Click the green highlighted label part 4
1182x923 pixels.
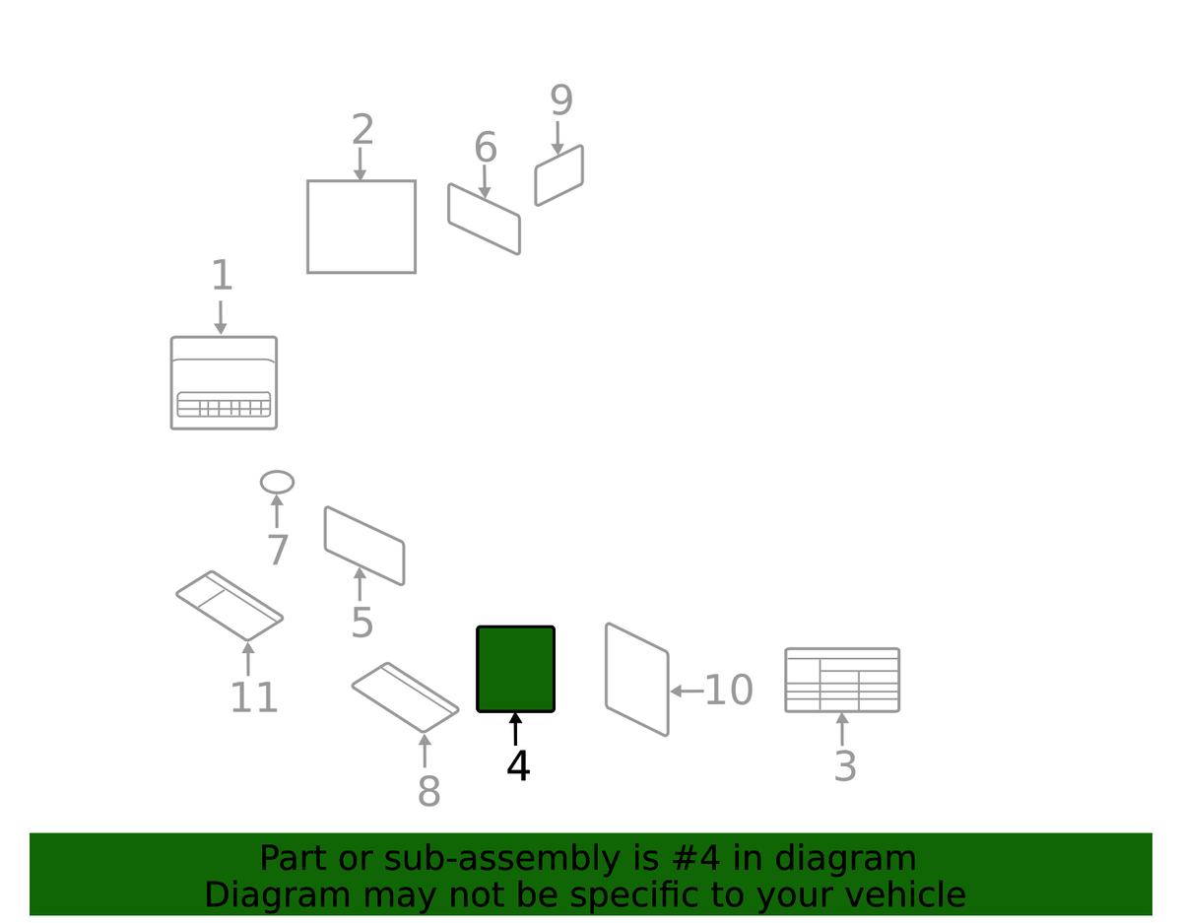pos(515,669)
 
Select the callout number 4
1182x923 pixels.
pos(518,766)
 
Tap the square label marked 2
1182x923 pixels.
pos(361,227)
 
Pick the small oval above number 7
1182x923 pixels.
pos(277,482)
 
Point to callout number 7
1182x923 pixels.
pos(278,551)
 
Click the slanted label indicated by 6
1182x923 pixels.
pos(484,219)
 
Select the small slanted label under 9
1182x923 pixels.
pos(558,176)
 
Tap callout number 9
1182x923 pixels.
pos(561,100)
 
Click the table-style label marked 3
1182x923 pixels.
pos(842,680)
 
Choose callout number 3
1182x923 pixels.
pos(845,766)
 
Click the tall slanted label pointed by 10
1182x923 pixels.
pos(637,680)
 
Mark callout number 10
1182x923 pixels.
pos(728,691)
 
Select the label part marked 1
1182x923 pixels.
pos(224,383)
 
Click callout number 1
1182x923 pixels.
pos(222,277)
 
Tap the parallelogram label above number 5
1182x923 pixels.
pos(364,546)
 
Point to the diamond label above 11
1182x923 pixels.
pos(230,606)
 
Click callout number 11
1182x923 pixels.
pos(254,698)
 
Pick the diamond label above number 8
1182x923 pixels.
pos(405,697)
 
